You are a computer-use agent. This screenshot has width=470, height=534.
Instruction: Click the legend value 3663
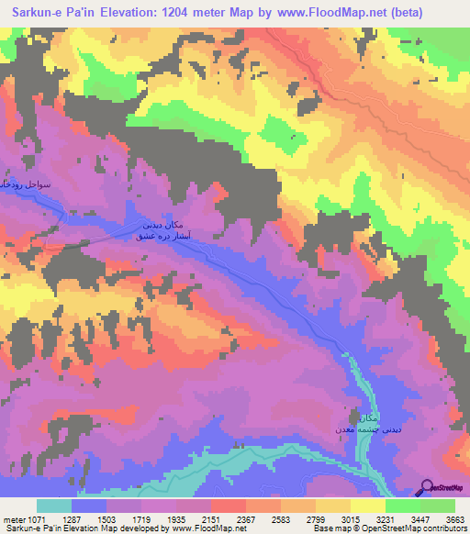click(x=444, y=518)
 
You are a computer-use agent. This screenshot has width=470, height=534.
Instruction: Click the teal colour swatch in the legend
click(x=54, y=506)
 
